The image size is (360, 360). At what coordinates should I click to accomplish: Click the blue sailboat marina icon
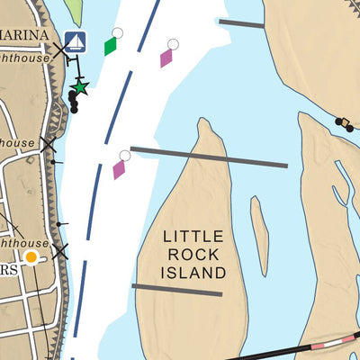tap(76, 42)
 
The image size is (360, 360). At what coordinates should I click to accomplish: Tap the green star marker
tap(80, 87)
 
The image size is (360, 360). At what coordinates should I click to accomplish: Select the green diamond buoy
tap(111, 46)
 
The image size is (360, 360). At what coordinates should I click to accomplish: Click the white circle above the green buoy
tap(117, 33)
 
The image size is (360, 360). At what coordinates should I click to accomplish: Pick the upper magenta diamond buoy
tap(166, 58)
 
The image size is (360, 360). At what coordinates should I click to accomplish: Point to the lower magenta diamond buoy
tap(119, 168)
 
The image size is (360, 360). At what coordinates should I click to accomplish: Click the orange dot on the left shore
tap(31, 257)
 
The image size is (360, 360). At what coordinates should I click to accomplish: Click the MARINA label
tap(25, 34)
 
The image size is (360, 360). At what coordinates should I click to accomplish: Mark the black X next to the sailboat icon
tap(60, 50)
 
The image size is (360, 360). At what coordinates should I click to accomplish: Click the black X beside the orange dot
tap(59, 252)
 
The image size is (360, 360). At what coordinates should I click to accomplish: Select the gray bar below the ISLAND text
tap(176, 289)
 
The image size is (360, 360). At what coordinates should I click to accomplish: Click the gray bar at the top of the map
tap(241, 23)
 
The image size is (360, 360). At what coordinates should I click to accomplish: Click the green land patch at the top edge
tap(74, 11)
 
